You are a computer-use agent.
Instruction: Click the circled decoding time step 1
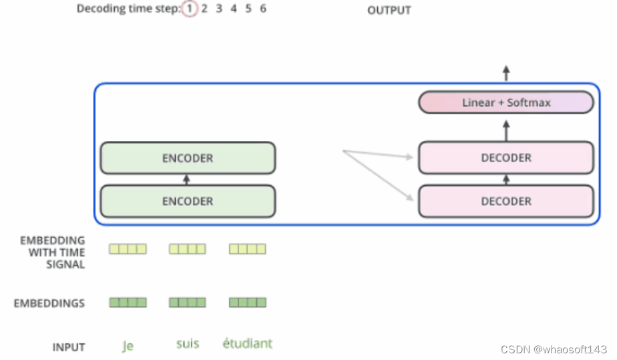click(x=189, y=8)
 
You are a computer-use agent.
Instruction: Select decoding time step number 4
click(x=234, y=8)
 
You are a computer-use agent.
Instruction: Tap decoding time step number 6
click(x=263, y=8)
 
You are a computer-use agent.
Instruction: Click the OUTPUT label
click(x=389, y=10)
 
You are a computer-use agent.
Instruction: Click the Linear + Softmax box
click(x=506, y=102)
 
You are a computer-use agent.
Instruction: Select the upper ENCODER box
click(x=188, y=158)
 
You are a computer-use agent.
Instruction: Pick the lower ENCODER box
click(x=188, y=201)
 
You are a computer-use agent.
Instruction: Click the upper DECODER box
click(x=506, y=158)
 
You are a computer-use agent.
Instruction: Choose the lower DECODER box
click(x=506, y=201)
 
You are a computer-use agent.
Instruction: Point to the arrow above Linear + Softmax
click(x=506, y=73)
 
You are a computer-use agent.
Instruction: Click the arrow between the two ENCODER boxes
click(x=186, y=180)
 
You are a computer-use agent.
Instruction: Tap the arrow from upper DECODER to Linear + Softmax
click(x=506, y=131)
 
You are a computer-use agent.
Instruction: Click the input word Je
click(x=128, y=346)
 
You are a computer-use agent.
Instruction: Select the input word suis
click(x=188, y=343)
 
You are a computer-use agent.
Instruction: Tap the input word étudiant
click(x=247, y=343)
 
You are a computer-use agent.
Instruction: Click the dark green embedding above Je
click(x=128, y=302)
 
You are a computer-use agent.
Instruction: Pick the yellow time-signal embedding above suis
click(x=188, y=248)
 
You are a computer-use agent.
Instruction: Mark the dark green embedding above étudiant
click(x=248, y=302)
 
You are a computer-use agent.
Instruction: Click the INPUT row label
click(x=69, y=347)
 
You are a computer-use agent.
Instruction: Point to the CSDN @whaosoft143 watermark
click(x=554, y=349)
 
